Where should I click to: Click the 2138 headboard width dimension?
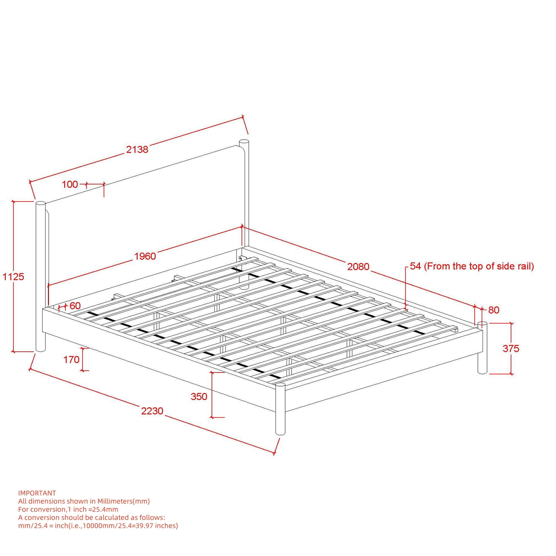(x=137, y=149)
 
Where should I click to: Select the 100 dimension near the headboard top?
(x=70, y=185)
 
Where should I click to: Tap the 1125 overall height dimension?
(x=13, y=277)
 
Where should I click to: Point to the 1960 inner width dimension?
(x=145, y=256)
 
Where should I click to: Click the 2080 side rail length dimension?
(x=358, y=267)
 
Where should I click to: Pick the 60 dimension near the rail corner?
(x=75, y=306)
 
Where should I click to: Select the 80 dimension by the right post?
(x=493, y=310)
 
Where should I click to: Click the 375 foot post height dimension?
(x=511, y=349)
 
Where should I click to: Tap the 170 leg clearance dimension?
(x=71, y=359)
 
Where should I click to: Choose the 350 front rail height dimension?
(x=199, y=397)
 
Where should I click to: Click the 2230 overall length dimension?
(x=152, y=411)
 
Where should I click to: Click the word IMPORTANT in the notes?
(x=37, y=493)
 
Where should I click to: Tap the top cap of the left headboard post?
(x=41, y=203)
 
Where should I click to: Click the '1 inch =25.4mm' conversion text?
(x=92, y=509)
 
